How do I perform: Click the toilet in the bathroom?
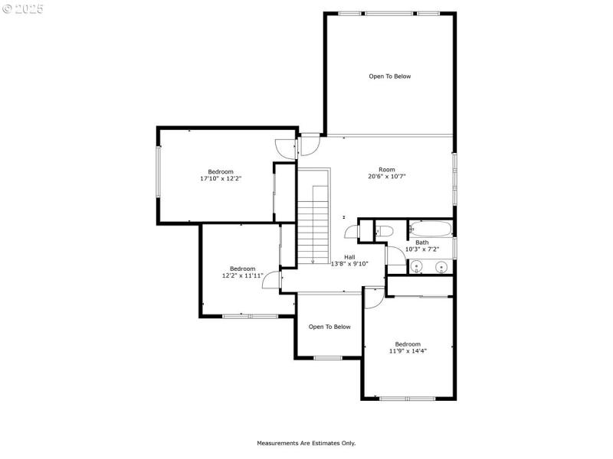pos(384,231)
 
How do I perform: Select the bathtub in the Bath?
pos(430,228)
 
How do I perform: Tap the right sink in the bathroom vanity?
pos(441,267)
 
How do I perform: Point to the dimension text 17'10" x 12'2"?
pos(221,179)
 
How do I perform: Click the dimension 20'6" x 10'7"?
pos(386,177)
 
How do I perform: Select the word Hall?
pos(349,257)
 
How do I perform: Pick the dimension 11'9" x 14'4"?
pos(408,351)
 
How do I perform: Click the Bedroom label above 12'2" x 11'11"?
pos(242,269)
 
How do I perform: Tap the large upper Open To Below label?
pos(390,76)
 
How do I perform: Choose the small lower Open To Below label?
pos(329,327)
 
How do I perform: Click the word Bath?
pos(422,242)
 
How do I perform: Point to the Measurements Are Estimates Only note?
pos(306,443)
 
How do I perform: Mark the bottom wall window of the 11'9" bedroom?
pos(408,398)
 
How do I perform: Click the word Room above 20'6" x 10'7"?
pos(386,169)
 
